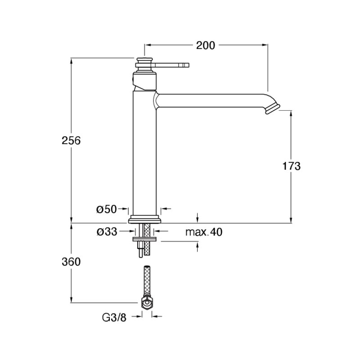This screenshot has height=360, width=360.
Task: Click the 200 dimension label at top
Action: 206,45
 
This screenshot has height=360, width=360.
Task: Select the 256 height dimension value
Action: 71,140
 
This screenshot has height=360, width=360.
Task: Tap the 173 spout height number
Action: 291,166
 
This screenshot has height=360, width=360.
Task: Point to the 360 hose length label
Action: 71,262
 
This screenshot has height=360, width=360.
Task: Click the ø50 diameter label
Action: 106,209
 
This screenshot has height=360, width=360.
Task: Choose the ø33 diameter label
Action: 107,232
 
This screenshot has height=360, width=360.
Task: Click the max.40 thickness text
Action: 204,232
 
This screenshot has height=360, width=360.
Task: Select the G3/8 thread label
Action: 114,318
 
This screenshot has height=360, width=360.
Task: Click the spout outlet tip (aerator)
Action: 273,109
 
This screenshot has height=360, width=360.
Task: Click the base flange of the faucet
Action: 144,219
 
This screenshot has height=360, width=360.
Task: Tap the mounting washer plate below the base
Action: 144,239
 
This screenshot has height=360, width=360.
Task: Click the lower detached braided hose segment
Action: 147,281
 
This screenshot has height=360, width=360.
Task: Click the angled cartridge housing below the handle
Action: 144,81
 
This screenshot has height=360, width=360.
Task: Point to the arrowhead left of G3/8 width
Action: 139,317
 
